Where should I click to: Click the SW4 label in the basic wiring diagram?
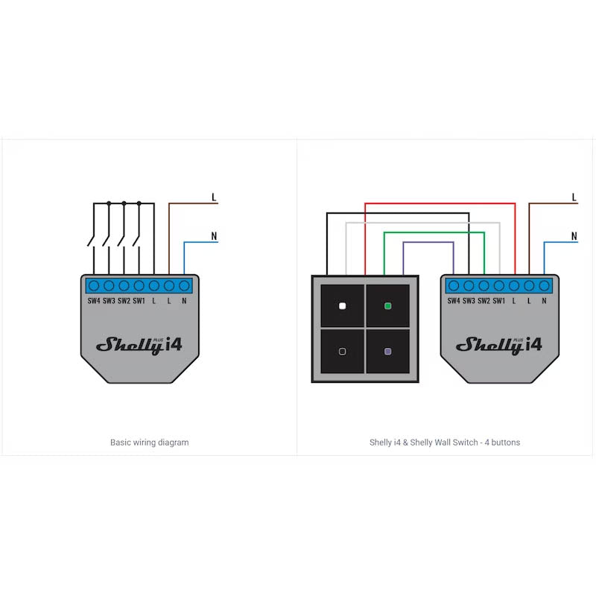tap(94, 301)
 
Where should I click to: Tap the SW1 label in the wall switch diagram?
tap(499, 301)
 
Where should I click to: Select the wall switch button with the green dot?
tap(387, 305)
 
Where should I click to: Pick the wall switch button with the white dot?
tap(342, 305)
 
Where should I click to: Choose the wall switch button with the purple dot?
tap(387, 351)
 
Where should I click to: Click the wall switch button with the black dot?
tap(342, 351)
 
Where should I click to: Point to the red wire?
tap(440, 203)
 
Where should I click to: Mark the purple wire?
tap(428, 243)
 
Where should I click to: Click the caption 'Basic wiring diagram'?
tap(149, 443)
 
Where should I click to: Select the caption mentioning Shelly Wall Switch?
tap(445, 443)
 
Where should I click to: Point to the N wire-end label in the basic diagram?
tap(214, 237)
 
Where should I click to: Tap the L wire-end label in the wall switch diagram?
tap(574, 197)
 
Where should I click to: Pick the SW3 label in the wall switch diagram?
tap(469, 301)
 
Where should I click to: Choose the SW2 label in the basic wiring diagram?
tap(124, 301)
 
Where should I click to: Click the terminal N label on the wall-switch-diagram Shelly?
tap(545, 301)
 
